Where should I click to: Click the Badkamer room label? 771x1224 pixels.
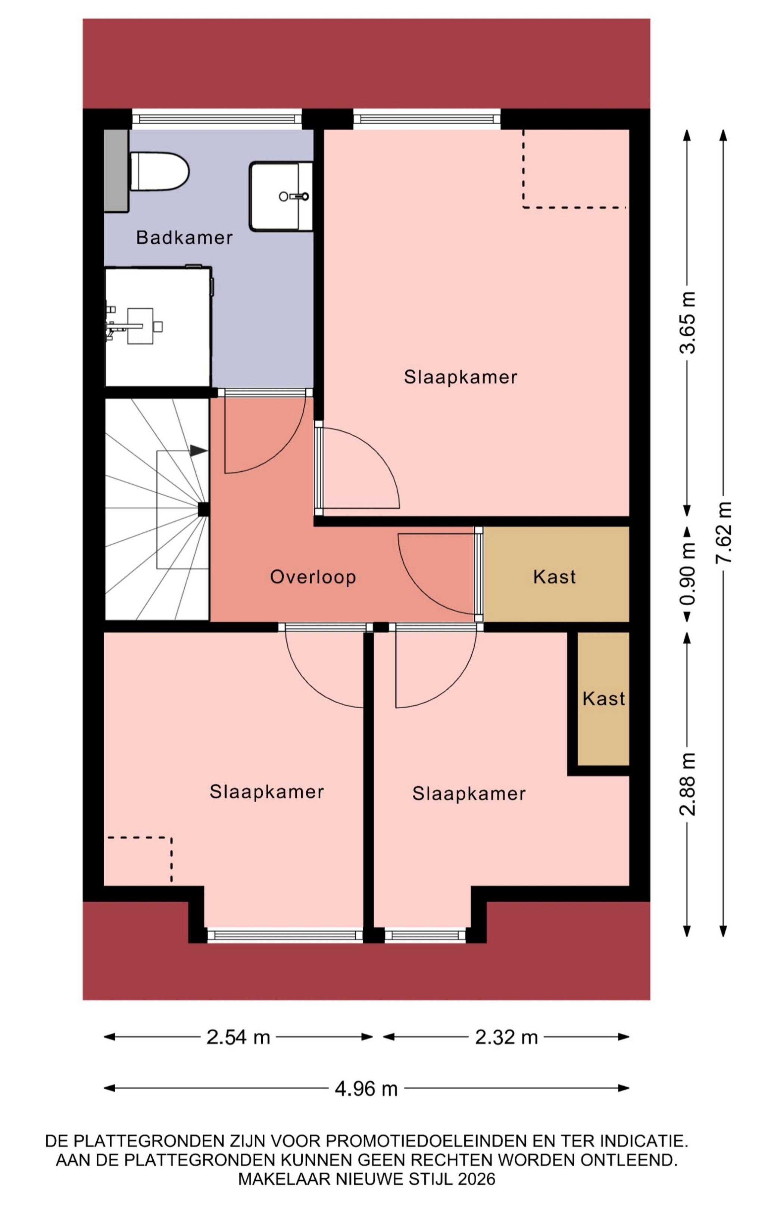pos(184,237)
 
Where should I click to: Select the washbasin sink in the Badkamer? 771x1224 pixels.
pos(281,196)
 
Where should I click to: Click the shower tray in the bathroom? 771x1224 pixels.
pos(157,327)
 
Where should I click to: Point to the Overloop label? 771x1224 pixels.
pos(313,577)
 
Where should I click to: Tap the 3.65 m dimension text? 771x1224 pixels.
pos(688,322)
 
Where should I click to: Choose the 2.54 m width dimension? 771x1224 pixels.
pos(238,1037)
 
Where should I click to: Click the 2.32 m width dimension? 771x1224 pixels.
pos(506,1037)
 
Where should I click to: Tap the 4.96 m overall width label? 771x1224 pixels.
pos(366,1089)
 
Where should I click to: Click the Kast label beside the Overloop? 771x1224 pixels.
pos(555,577)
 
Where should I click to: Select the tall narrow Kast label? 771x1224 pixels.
pos(604,699)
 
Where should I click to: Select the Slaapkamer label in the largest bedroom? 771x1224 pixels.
pos(461,377)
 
